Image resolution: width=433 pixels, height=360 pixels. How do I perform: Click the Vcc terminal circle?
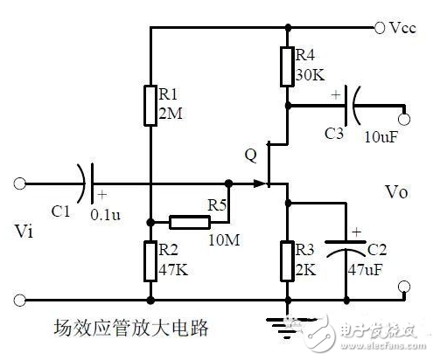(379, 28)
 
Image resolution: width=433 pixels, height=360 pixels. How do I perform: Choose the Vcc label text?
(402, 28)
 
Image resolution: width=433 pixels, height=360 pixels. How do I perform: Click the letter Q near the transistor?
(251, 156)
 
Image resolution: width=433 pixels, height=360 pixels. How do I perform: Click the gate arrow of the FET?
(260, 184)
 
